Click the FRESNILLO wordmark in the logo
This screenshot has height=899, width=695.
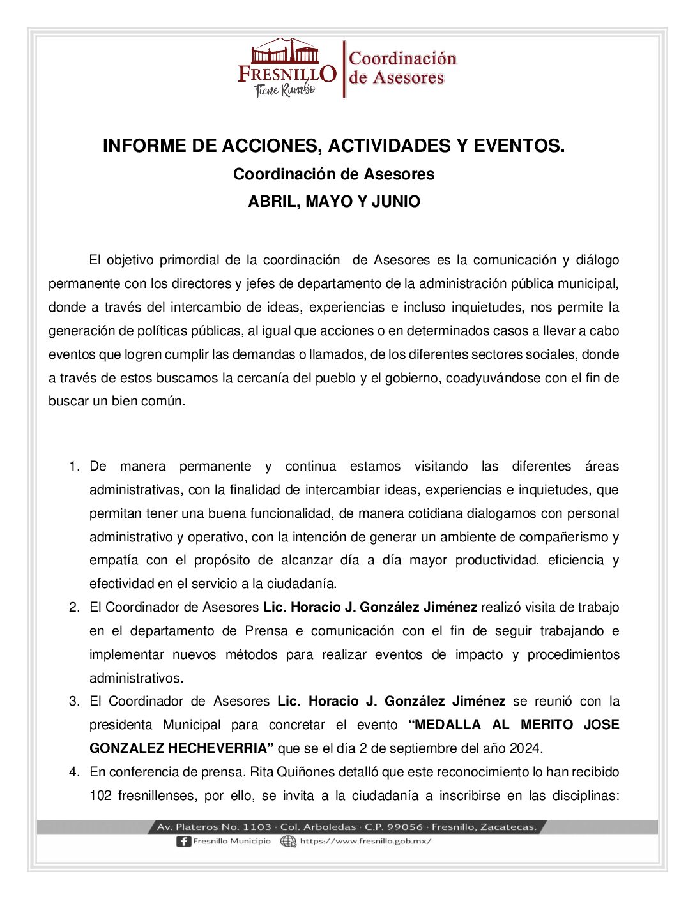[287, 73]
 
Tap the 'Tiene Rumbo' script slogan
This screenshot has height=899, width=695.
[285, 90]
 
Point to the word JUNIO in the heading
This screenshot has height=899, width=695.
[396, 202]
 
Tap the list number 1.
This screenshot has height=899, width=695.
[74, 467]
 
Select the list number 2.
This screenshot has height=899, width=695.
[74, 607]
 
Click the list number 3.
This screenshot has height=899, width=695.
[74, 701]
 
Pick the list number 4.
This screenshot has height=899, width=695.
[74, 772]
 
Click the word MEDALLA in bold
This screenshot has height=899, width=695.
[445, 725]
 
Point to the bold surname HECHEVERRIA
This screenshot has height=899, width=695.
[220, 748]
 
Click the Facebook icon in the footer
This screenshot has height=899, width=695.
[183, 842]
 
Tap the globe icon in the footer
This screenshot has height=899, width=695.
[289, 842]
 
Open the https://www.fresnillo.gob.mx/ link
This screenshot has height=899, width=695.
[365, 842]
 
